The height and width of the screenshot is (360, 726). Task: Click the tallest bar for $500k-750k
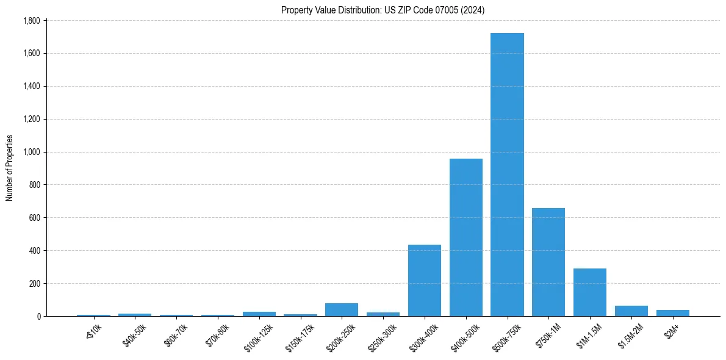(x=507, y=177)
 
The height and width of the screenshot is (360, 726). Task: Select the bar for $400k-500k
(x=466, y=238)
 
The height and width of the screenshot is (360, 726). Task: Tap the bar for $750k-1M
(x=548, y=262)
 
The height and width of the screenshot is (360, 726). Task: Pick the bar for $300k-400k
(x=425, y=281)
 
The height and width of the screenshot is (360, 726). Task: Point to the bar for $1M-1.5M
(x=590, y=293)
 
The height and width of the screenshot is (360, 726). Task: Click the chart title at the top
(x=383, y=10)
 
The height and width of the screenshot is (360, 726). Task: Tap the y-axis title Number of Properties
(x=10, y=168)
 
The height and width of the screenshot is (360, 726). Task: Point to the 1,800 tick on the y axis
(x=31, y=21)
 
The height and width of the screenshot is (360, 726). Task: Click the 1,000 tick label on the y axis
(x=31, y=152)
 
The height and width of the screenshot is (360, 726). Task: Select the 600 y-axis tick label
(x=34, y=218)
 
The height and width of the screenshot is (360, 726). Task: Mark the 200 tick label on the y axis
(x=34, y=284)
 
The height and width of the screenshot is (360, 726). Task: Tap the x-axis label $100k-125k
(x=257, y=336)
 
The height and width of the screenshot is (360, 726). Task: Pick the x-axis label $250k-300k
(x=381, y=336)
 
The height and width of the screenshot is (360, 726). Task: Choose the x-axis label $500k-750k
(x=506, y=336)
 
